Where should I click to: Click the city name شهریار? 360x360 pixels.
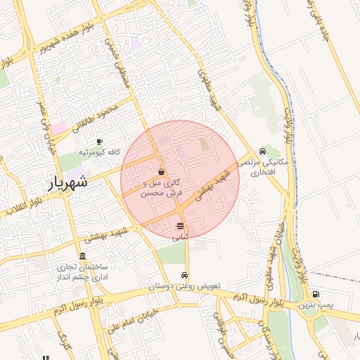(67, 181)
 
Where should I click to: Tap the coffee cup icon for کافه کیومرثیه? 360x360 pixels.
(99, 141)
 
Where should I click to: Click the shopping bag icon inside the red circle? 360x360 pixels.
(162, 172)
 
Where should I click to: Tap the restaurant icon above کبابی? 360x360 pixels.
(181, 226)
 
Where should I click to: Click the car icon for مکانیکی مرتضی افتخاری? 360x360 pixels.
(262, 151)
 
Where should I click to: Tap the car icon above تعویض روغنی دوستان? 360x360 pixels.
(184, 275)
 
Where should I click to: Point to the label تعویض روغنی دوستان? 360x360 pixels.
(184, 286)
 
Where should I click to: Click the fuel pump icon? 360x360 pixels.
(316, 295)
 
